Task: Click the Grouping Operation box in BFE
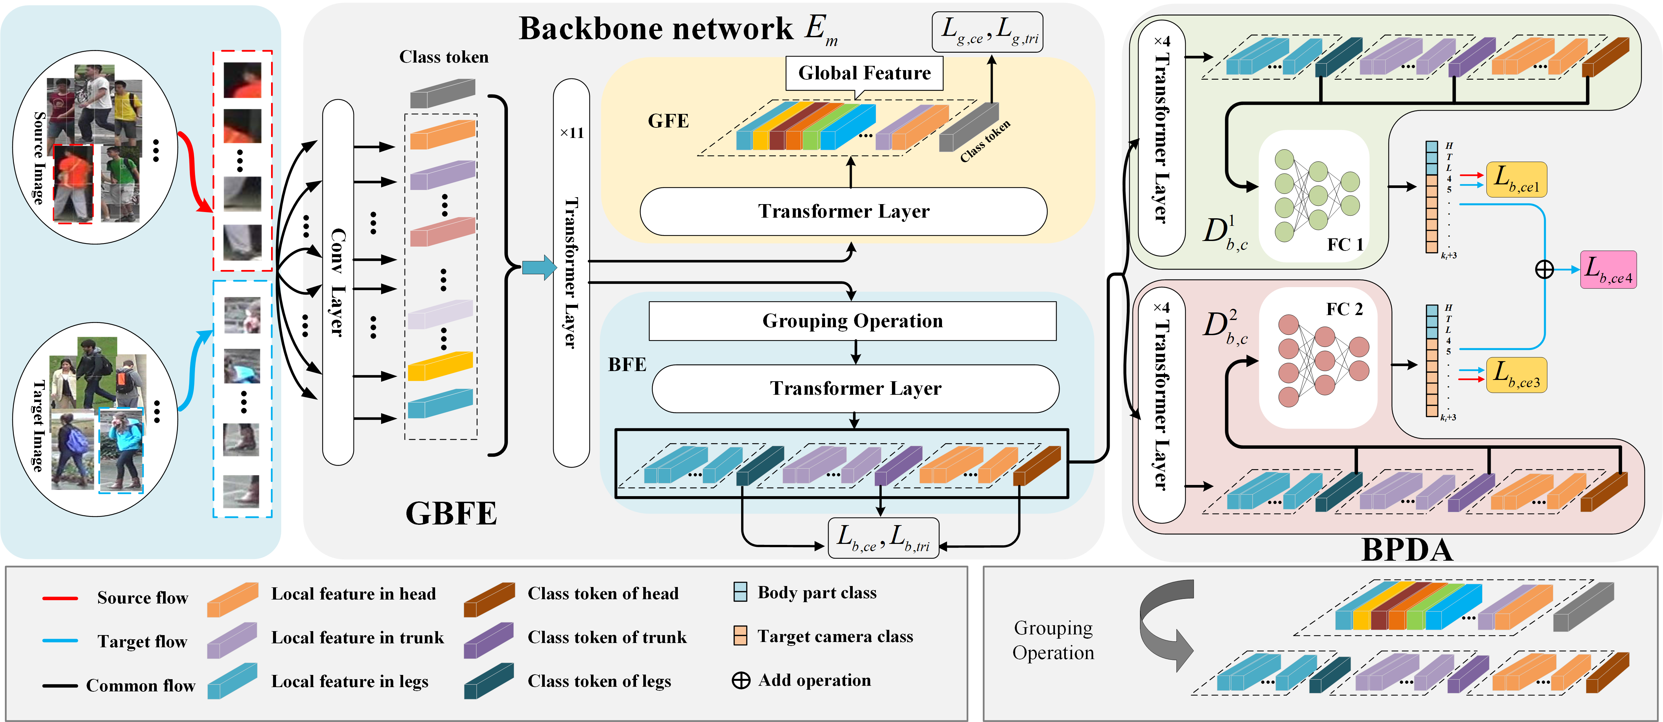(x=852, y=321)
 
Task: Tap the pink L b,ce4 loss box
(x=1608, y=269)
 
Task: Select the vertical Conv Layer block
(x=338, y=282)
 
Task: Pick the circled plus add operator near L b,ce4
(x=1544, y=269)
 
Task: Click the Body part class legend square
(x=740, y=592)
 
